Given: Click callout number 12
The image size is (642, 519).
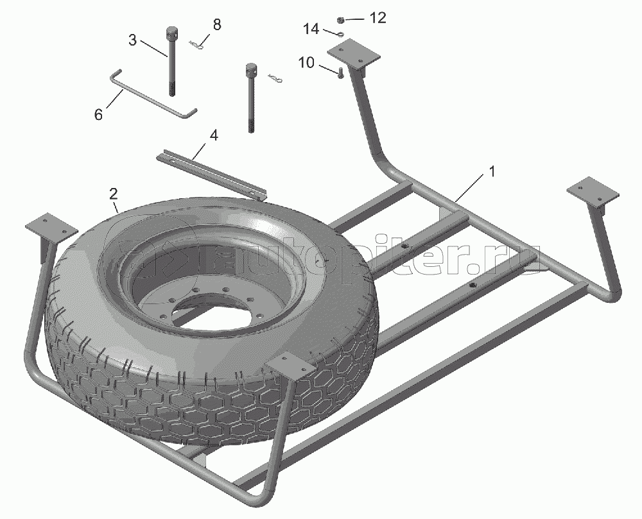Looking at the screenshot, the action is pyautogui.click(x=377, y=18).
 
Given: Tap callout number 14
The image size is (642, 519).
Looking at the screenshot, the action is pyautogui.click(x=311, y=30).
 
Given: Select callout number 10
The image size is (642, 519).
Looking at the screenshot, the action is pyautogui.click(x=306, y=63).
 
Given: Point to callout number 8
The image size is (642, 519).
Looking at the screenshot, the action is pyautogui.click(x=216, y=24).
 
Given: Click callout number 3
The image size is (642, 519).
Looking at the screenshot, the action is pyautogui.click(x=132, y=40).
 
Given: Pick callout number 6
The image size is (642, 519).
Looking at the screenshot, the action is pyautogui.click(x=98, y=115).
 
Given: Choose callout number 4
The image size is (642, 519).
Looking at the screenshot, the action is pyautogui.click(x=214, y=135).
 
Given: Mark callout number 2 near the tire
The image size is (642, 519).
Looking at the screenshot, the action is pyautogui.click(x=113, y=193).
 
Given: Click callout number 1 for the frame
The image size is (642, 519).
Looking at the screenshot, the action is pyautogui.click(x=492, y=172).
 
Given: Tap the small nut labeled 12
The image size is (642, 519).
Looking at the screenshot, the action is pyautogui.click(x=340, y=20).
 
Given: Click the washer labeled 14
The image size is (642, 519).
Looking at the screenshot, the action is pyautogui.click(x=341, y=35).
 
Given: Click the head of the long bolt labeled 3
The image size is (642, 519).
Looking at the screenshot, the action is pyautogui.click(x=171, y=32).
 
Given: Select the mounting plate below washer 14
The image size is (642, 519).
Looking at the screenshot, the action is pyautogui.click(x=354, y=54).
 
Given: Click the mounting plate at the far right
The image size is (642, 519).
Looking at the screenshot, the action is pyautogui.click(x=593, y=192).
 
